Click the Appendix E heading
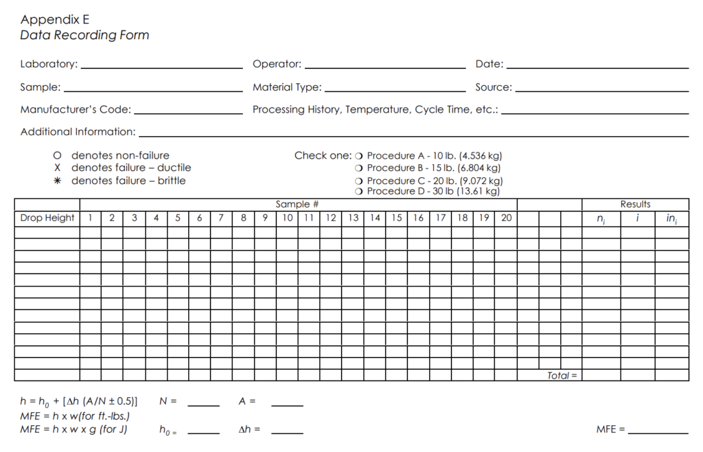[55, 19]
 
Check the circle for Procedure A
[359, 157]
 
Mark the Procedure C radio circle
[359, 181]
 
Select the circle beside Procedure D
[359, 192]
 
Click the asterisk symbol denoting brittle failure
[58, 181]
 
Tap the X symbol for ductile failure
[58, 168]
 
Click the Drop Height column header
[47, 218]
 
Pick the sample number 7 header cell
[221, 218]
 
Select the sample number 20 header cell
[506, 218]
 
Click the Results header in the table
[635, 204]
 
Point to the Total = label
[562, 376]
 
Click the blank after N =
[203, 403]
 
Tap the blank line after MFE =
[658, 431]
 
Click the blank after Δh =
[287, 431]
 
